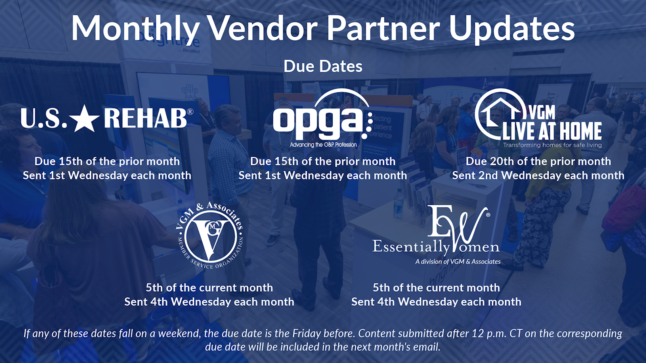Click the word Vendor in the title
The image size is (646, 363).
pos(262,28)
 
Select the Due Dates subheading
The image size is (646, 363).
pos(323,66)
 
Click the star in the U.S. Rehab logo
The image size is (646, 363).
pos(85,118)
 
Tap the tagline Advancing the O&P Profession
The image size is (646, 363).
pos(323,145)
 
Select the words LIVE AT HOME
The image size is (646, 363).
pos(552,131)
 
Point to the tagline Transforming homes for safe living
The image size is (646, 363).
pos(552,145)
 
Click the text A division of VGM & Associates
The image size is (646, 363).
pos(458,262)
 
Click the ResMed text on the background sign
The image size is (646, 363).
pos(191,51)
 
